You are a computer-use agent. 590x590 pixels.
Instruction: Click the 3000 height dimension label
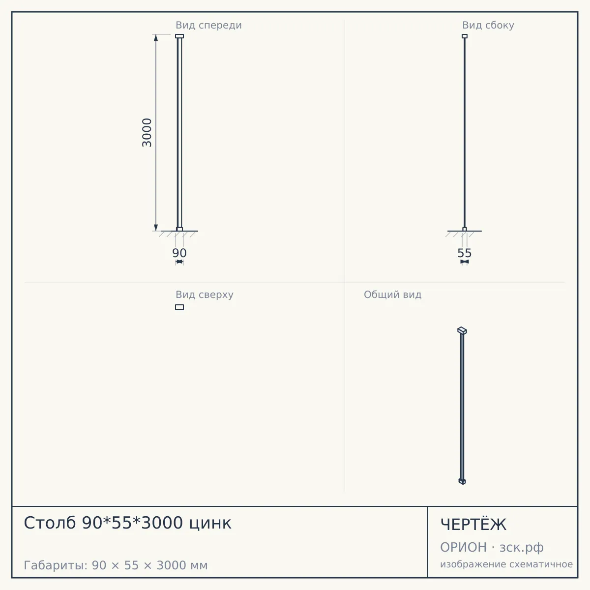[x=147, y=133]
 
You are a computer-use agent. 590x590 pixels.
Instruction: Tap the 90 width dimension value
[x=179, y=253]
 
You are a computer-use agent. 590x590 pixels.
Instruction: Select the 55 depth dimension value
[x=465, y=253]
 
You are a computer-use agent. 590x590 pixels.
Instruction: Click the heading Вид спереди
[x=208, y=25]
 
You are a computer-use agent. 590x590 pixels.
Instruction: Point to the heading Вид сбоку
[x=488, y=25]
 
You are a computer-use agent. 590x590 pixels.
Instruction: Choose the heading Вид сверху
[x=205, y=295]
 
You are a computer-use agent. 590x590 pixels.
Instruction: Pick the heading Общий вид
[x=392, y=295]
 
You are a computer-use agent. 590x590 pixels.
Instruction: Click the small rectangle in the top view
[x=179, y=307]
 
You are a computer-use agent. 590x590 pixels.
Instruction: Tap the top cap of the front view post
[x=179, y=36]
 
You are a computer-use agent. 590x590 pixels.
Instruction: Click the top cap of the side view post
[x=465, y=36]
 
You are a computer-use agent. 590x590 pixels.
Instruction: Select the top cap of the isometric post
[x=462, y=331]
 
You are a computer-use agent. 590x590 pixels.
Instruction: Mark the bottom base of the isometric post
[x=462, y=481]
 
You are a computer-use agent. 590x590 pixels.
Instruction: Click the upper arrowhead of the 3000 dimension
[x=156, y=38]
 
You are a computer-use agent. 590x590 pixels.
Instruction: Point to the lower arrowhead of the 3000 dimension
[x=156, y=228]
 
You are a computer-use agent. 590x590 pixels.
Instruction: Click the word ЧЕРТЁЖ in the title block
[x=473, y=525]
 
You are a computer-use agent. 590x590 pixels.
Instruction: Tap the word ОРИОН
[x=463, y=547]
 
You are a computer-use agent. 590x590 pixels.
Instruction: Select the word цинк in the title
[x=210, y=523]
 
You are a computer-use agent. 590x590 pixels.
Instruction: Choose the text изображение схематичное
[x=506, y=564]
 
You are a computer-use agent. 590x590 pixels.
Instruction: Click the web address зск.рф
[x=522, y=548]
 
